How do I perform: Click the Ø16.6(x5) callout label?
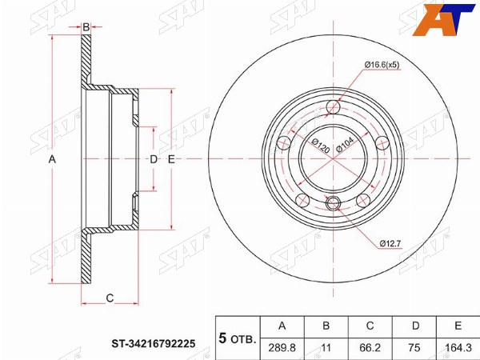[x=382, y=65]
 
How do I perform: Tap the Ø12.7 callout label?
[x=390, y=244]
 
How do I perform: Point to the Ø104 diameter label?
[x=345, y=144]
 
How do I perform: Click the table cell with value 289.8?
[x=282, y=348]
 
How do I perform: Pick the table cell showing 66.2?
[x=370, y=348]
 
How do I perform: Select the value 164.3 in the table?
[x=458, y=348]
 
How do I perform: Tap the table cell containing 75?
[x=414, y=348]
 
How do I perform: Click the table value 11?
[x=326, y=348]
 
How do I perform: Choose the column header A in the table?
[x=282, y=326]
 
